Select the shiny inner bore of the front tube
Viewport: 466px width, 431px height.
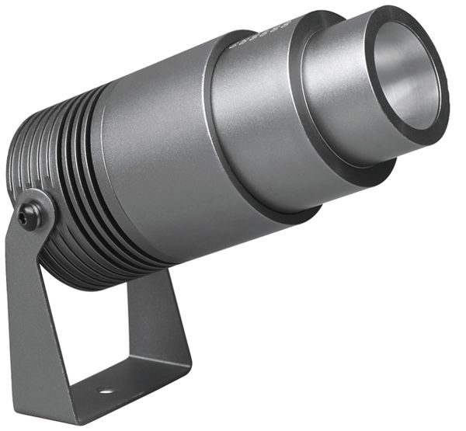point(408,74)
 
